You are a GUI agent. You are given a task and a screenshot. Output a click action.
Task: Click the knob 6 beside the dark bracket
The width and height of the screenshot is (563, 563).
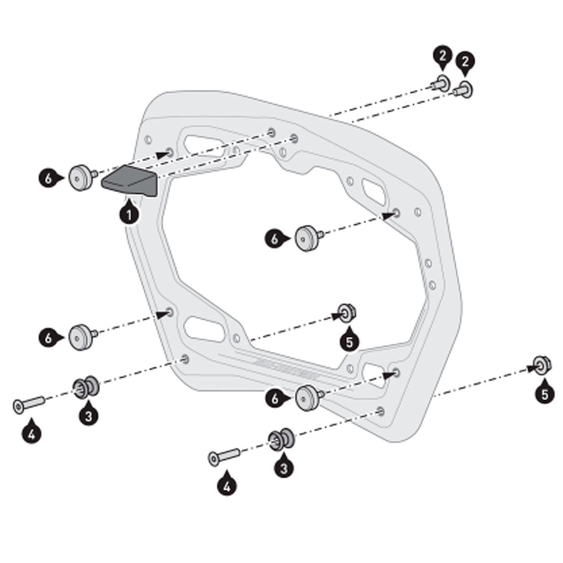click(x=82, y=177)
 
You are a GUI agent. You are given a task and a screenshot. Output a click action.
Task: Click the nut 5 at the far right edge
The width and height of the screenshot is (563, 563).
click(x=542, y=365)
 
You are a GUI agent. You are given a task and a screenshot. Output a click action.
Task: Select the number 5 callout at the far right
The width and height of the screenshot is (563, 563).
click(x=544, y=394)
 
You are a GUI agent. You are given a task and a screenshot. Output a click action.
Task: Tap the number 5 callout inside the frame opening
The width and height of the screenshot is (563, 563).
click(x=349, y=342)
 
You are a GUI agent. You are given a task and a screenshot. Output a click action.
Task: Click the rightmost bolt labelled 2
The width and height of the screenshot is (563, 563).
click(x=464, y=89)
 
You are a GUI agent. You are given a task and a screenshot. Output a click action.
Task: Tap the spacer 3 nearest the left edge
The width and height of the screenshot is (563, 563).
click(x=85, y=387)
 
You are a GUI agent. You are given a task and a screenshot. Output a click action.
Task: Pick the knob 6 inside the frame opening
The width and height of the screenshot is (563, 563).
click(x=307, y=238)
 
